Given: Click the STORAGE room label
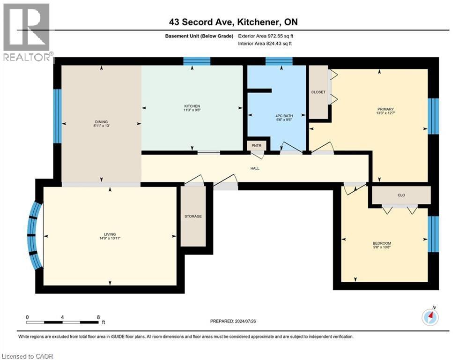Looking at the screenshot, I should click(193, 216).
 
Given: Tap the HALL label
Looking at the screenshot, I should click(255, 168).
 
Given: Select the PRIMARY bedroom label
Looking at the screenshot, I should click(385, 109).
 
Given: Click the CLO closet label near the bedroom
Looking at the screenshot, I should click(401, 195).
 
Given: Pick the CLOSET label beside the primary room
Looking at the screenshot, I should click(318, 92).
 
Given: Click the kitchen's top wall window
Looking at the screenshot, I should click(196, 61).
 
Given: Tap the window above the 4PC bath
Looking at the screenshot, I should click(279, 61).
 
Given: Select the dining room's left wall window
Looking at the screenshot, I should click(57, 116).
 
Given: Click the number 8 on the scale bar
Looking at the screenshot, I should click(97, 317).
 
